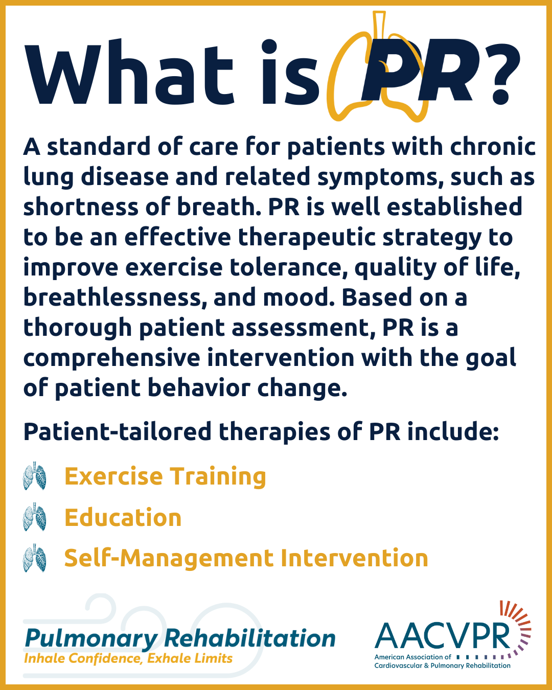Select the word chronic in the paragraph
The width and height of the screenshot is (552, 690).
coord(493,147)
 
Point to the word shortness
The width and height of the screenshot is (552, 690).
coord(81,207)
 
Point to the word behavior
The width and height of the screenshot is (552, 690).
coord(199,388)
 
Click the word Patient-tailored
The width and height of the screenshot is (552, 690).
coord(118,431)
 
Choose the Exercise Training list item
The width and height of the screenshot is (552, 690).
coord(165,477)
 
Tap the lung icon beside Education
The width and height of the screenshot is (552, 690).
coord(34,517)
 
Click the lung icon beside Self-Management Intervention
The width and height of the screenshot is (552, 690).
coord(34,558)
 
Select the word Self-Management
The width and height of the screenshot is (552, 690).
coord(169,559)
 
